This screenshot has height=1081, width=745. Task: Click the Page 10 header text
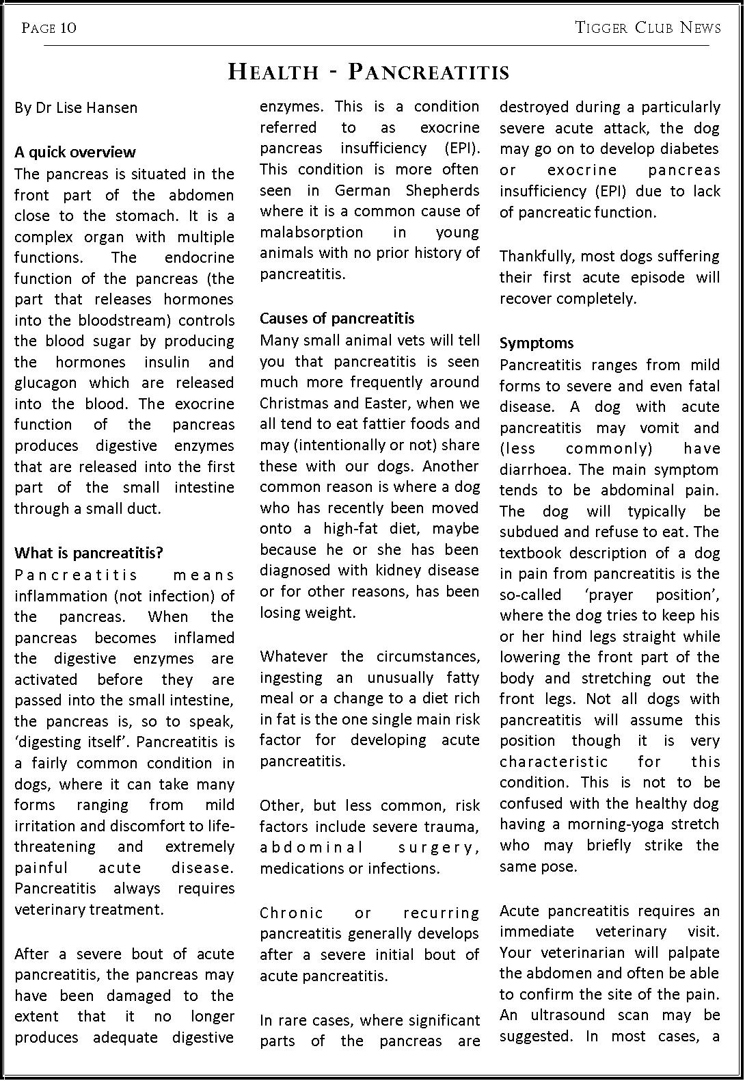49,27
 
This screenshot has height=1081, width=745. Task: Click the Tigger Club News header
648,27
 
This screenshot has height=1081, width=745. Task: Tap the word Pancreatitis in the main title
429,72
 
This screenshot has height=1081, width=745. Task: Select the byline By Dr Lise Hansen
76,107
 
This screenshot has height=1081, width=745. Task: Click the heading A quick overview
75,152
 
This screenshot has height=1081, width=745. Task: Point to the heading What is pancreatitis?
89,553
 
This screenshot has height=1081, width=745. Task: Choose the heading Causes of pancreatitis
337,318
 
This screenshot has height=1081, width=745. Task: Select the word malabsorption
311,233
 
